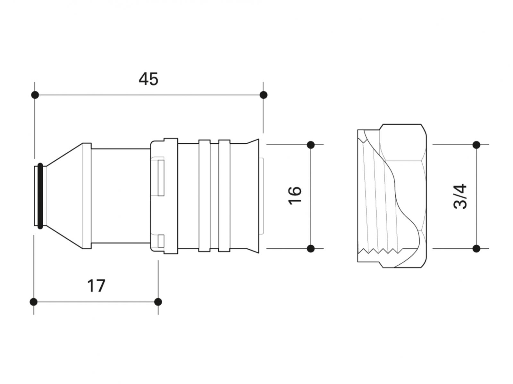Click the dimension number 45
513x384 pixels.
(148, 79)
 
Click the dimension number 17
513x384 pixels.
(96, 286)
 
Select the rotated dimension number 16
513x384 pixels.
(295, 196)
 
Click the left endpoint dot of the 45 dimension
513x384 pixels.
(35, 95)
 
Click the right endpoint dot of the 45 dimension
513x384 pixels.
(264, 95)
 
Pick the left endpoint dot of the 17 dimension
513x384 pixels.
(34, 302)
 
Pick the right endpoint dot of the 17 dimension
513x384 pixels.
(158, 302)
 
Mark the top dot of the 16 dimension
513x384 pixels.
(311, 145)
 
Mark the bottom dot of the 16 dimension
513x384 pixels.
(311, 249)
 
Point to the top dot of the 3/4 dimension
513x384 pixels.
(476, 145)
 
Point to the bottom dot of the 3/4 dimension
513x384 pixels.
(476, 249)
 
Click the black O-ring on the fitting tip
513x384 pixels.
(40, 196)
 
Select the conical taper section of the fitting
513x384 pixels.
(64, 196)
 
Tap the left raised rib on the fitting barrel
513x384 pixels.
(204, 196)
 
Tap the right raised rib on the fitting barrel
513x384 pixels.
(224, 196)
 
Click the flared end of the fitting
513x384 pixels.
(253, 196)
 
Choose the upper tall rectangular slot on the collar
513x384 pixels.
(161, 178)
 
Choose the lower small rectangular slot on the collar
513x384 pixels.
(161, 241)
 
